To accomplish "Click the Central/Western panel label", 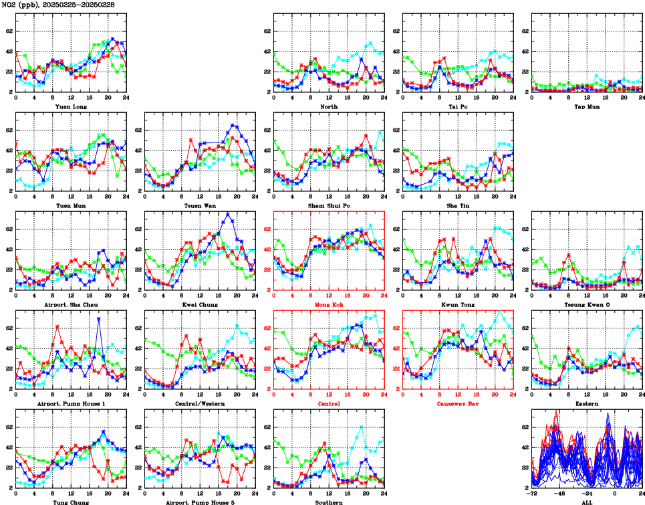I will pos(199,404).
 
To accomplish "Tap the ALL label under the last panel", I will pos(586,502).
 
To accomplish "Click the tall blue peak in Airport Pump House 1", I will pos(99,318).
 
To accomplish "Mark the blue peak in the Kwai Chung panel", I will pos(228,214).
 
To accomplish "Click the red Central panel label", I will pos(328,404).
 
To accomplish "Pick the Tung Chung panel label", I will pos(70,502).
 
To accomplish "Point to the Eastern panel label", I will pos(586,404).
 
